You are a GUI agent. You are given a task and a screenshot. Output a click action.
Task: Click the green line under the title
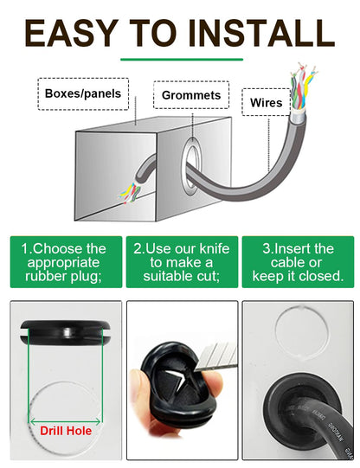pyautogui.click(x=182, y=60)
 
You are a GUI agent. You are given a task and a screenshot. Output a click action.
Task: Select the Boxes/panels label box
pyautogui.click(x=83, y=93)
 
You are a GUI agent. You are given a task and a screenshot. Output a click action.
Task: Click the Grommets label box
pyautogui.click(x=191, y=95)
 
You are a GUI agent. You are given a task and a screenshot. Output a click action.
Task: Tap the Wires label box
pyautogui.click(x=266, y=102)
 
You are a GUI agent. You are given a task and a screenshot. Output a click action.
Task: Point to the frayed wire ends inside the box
pyautogui.click(x=131, y=193)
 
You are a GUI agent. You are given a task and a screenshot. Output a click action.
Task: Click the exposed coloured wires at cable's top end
pyautogui.click(x=302, y=88)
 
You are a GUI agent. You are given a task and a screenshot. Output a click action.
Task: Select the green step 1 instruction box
pyautogui.click(x=66, y=262)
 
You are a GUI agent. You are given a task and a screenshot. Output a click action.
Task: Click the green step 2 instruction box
pyautogui.click(x=182, y=262)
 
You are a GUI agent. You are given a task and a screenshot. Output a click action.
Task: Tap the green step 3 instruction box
pyautogui.click(x=298, y=262)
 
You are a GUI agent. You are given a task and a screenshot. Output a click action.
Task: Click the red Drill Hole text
pyautogui.click(x=66, y=431)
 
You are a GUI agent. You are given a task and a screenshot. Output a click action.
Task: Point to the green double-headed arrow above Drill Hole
pyautogui.click(x=66, y=422)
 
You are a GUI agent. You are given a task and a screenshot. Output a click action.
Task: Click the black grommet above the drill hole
pyautogui.click(x=66, y=332)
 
